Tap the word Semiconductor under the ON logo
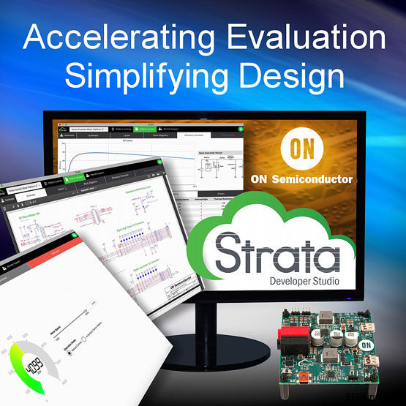(x=326, y=178)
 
